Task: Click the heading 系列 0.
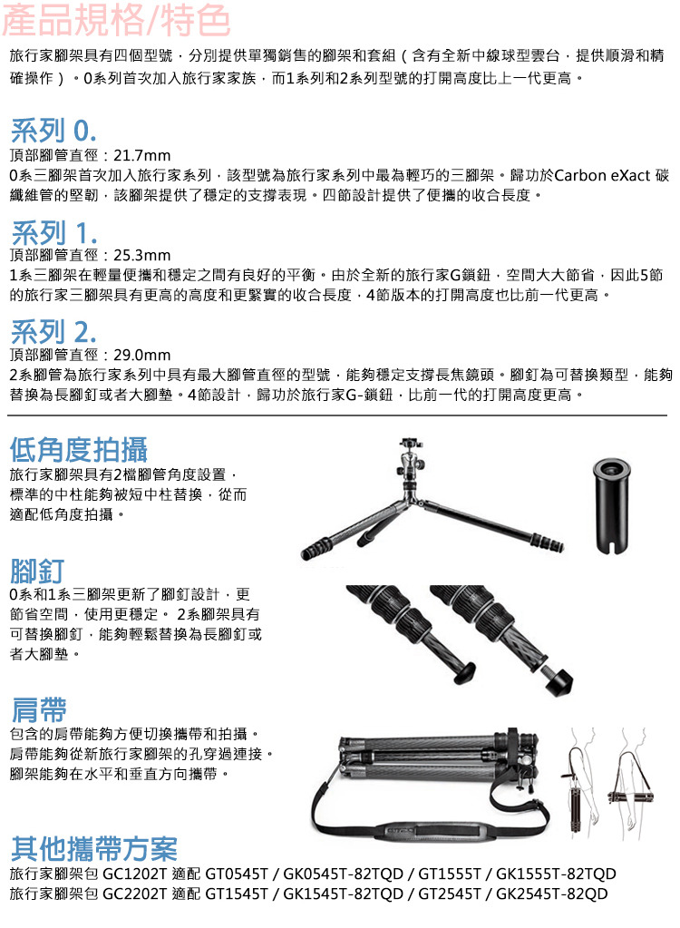click(53, 131)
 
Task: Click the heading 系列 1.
click(53, 232)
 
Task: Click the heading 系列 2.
click(53, 331)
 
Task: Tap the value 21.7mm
click(142, 156)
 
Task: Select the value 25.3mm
click(142, 256)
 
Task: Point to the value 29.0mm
click(142, 355)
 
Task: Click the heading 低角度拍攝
click(79, 449)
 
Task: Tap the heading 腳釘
click(36, 571)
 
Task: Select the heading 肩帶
click(38, 709)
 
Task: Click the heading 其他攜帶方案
click(94, 849)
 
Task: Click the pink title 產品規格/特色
click(116, 20)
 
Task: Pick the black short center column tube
click(611, 505)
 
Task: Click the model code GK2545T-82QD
click(551, 894)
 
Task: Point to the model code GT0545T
click(237, 874)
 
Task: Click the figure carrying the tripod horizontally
click(631, 783)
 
